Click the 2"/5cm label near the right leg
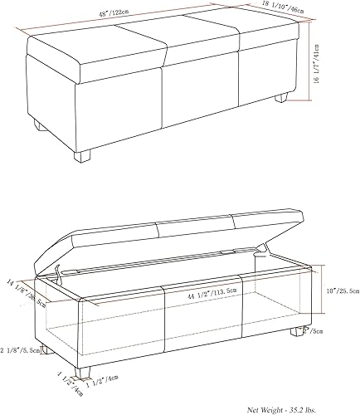click(x=313, y=330)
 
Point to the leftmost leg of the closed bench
click(x=38, y=125)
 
